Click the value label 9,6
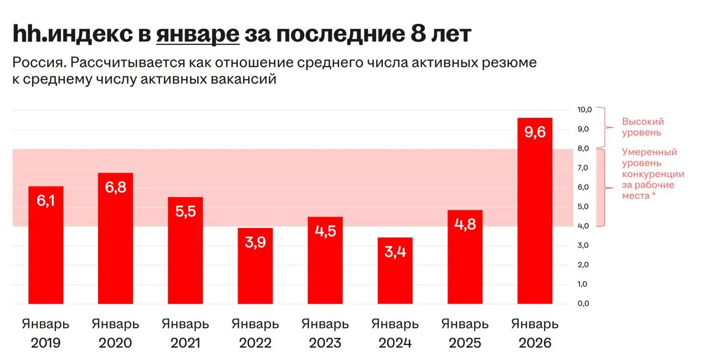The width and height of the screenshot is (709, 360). (x=535, y=132)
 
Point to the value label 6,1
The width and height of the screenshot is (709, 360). (x=46, y=201)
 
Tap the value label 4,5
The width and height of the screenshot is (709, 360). (x=325, y=232)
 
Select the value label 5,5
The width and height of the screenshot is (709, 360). (x=186, y=212)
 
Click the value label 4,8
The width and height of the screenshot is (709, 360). (x=465, y=225)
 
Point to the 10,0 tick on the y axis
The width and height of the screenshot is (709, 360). (x=585, y=110)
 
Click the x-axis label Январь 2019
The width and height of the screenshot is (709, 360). (x=46, y=333)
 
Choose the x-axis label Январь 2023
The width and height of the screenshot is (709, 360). (x=325, y=333)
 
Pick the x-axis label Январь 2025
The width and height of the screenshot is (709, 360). (x=465, y=333)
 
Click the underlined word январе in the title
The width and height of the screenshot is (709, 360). (x=198, y=34)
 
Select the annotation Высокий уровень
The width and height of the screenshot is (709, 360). (x=643, y=127)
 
